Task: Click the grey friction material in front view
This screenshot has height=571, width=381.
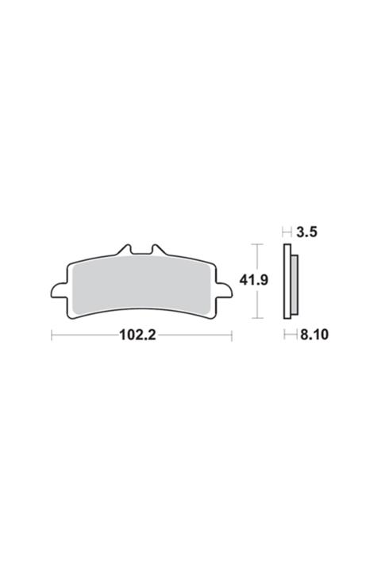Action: tap(140, 285)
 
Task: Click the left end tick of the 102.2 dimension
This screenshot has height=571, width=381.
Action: tap(52, 335)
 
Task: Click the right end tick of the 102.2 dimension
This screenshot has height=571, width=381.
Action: tap(231, 335)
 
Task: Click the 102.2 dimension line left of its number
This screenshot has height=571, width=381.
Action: tap(83, 335)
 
